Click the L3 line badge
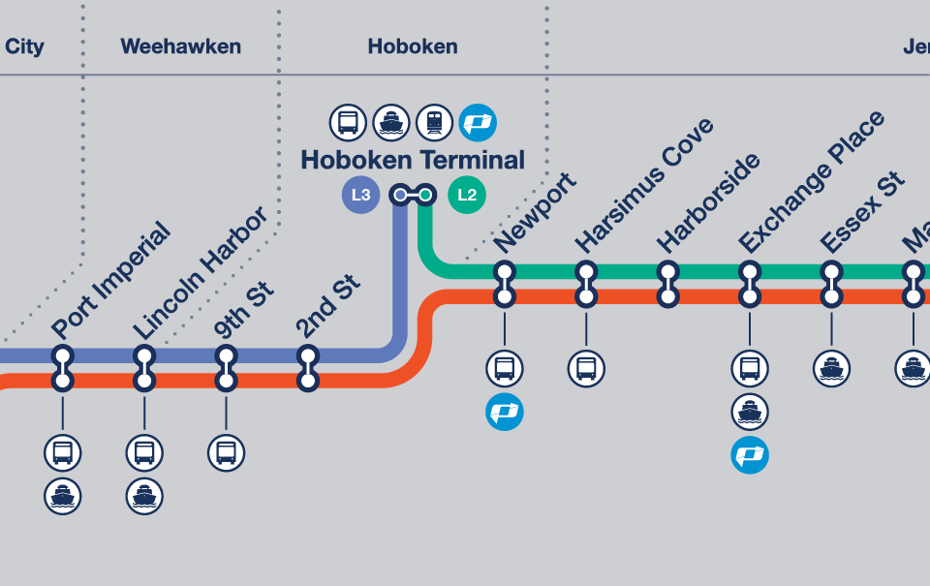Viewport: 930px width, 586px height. pos(360,195)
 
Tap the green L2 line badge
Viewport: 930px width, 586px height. pos(467,195)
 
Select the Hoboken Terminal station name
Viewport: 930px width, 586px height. pos(413,160)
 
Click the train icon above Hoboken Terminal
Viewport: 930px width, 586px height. pos(435,123)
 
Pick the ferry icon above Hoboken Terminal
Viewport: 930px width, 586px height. pos(391,123)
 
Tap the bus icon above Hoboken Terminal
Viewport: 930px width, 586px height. pos(349,123)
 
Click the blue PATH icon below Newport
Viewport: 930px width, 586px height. pos(504,412)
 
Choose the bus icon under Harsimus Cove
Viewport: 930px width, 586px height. pos(585,368)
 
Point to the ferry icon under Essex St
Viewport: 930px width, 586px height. pos(831,368)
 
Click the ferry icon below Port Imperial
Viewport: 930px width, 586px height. pos(63,497)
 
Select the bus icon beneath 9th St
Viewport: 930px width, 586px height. pos(227,452)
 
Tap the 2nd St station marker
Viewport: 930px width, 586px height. pos(308,368)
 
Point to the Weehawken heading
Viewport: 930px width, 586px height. pos(180,46)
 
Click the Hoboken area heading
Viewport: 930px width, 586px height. pos(413,46)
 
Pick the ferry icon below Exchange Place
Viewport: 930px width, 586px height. pos(749,412)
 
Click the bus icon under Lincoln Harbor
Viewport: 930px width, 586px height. pos(144,452)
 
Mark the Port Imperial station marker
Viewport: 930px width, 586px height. pos(63,368)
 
